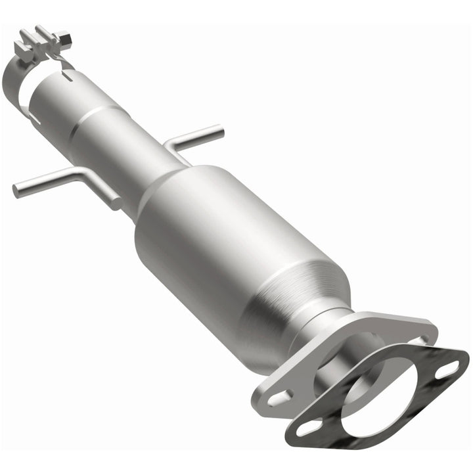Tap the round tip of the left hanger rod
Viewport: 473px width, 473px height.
click(x=16, y=191)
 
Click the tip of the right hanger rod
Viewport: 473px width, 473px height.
click(x=219, y=131)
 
